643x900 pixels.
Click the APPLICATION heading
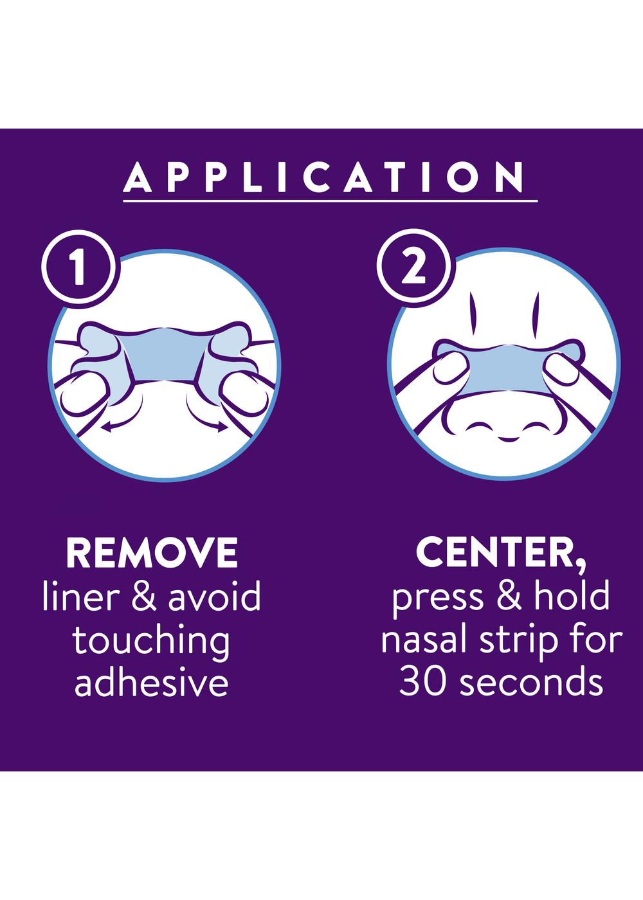[324, 177]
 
